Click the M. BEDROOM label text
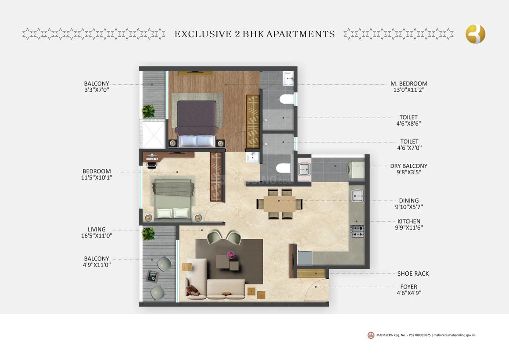[409, 83]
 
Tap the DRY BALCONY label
[409, 166]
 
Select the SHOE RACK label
[413, 274]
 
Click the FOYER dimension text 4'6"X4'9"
[409, 293]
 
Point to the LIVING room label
[97, 229]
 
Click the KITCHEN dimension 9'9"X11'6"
[409, 228]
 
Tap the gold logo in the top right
[475, 34]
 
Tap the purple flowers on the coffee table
[231, 254]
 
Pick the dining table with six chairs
[280, 204]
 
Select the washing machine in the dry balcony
[356, 170]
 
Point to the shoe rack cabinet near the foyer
[311, 274]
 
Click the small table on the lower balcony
[153, 276]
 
